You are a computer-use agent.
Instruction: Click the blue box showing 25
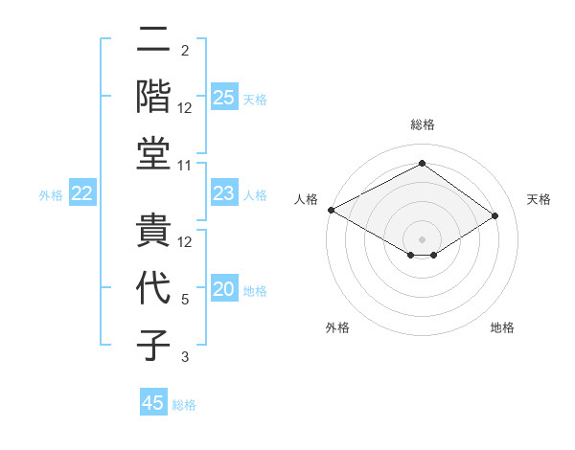[x=224, y=97]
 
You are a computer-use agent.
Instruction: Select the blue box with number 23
[x=224, y=194]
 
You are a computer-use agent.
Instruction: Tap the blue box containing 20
[x=224, y=290]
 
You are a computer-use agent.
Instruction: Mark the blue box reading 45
[x=153, y=403]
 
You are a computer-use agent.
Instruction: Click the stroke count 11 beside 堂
[x=185, y=166]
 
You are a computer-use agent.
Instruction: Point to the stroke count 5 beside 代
[x=185, y=300]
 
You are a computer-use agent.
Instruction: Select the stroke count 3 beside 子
[x=185, y=357]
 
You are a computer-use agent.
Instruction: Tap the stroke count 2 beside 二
[x=185, y=51]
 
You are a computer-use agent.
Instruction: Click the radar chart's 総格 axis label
[x=422, y=124]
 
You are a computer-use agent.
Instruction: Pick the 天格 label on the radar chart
[x=539, y=199]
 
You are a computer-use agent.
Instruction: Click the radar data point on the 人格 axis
[x=331, y=209]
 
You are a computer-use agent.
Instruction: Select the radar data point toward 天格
[x=495, y=216]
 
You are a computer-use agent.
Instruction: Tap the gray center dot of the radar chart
[x=422, y=238]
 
